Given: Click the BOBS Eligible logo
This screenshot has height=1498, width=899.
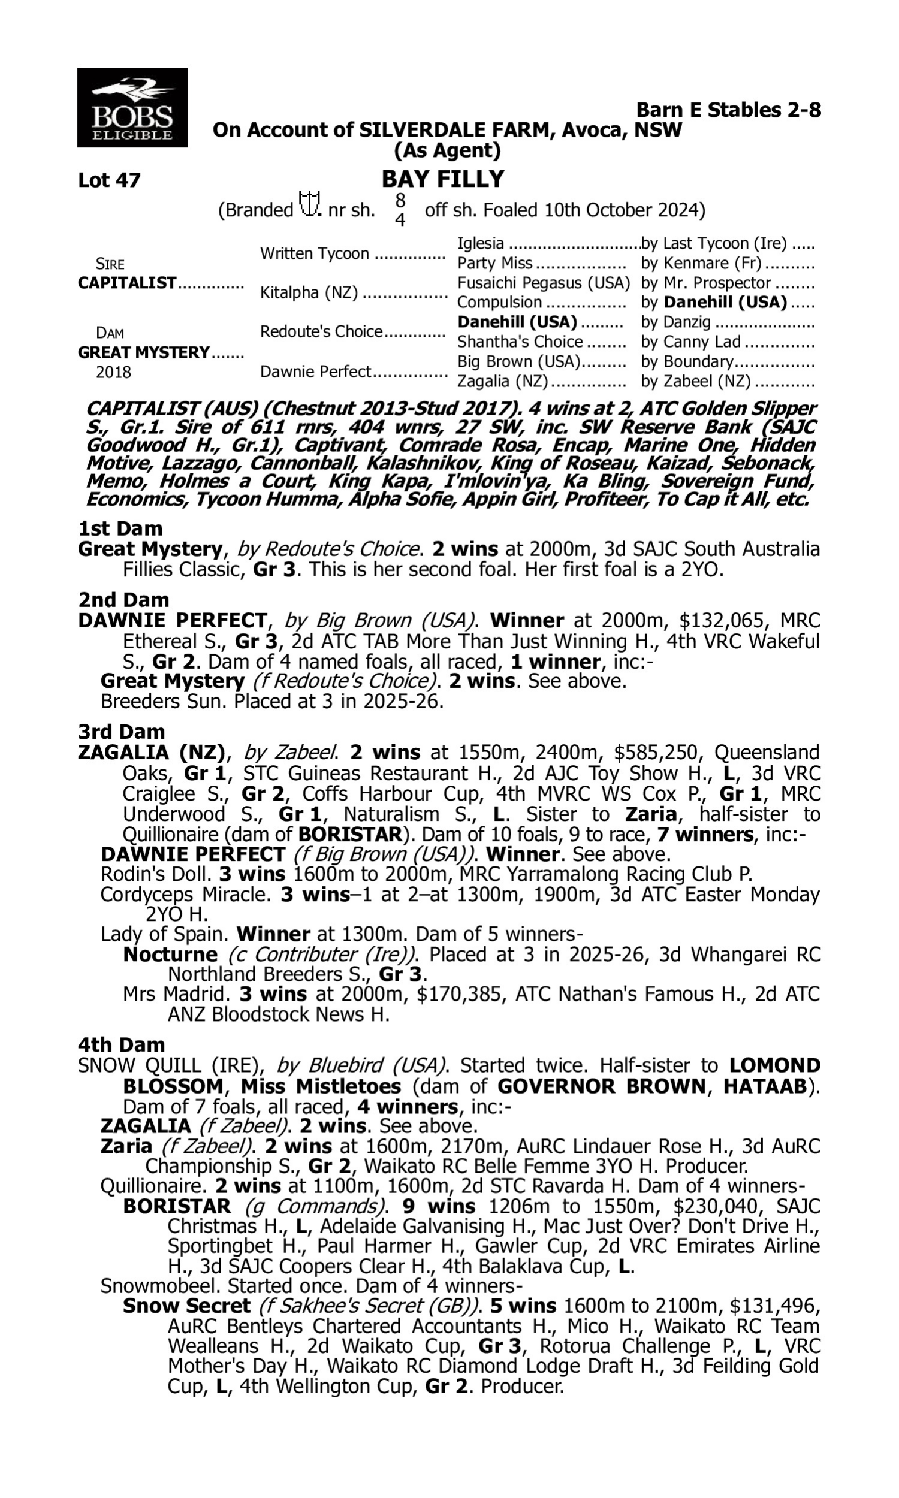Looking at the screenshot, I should coord(132,107).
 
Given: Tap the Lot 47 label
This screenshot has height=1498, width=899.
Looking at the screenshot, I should coord(109,180).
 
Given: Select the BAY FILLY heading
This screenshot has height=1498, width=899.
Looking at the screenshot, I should coord(443,179).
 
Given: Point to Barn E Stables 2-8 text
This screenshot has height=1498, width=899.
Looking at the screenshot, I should coord(728,110).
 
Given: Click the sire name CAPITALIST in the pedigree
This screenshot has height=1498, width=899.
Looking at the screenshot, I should coord(127,283).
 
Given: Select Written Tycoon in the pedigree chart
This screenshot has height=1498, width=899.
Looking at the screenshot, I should coord(315,253).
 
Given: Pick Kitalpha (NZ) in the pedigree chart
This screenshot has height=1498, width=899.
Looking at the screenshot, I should coord(308,292).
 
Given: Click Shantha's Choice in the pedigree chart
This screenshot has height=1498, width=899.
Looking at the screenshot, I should coord(520,342).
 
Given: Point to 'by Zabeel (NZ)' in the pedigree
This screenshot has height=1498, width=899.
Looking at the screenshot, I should coord(695,382).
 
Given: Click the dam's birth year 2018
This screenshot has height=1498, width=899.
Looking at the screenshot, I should coord(113,372).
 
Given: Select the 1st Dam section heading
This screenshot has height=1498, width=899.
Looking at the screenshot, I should coord(120,528).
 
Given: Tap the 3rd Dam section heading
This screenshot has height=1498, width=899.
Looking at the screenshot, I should coord(121,732).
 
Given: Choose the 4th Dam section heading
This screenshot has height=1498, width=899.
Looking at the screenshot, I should coord(121,1044).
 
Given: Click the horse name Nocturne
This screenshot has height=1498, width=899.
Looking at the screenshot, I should coord(170,954).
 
